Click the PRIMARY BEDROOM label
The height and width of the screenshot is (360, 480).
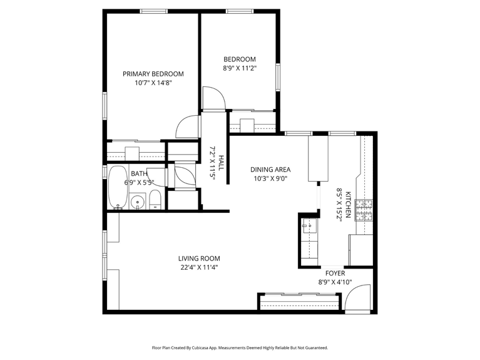point(153,73)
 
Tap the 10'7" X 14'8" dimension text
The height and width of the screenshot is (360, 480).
point(153,82)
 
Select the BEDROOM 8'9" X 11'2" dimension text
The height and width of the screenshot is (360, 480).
point(240,68)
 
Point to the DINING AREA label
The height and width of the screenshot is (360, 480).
point(270,169)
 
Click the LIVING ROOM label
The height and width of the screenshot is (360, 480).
point(199,258)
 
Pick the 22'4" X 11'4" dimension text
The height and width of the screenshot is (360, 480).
point(199,267)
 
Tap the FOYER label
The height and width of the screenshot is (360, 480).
point(335,273)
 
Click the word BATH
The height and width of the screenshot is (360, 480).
point(139,174)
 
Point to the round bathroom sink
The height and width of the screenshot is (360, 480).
point(136,202)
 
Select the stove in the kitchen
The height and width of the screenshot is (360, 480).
point(364,210)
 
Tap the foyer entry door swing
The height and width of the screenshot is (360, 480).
point(354,301)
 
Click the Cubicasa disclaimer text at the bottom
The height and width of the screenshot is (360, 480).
point(240,347)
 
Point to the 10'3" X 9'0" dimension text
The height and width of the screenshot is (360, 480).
point(270,178)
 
